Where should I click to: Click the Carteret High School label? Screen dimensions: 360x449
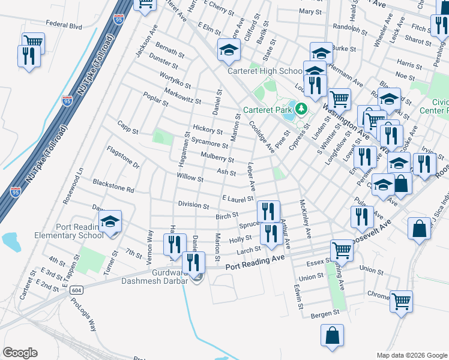[x=264, y=71]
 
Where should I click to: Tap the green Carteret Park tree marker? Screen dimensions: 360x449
[x=301, y=109]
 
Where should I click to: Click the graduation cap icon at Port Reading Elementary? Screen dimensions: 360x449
[x=110, y=222]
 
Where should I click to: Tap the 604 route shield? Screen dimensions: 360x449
[x=76, y=290]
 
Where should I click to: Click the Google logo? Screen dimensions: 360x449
[x=20, y=353]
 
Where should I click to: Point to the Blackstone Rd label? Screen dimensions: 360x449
[x=113, y=185]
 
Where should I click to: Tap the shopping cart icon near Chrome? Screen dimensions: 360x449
[x=401, y=301]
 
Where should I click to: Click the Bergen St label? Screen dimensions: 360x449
[x=325, y=314]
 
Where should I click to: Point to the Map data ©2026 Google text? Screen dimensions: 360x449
[x=411, y=355]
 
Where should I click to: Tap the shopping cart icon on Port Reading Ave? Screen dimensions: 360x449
[x=342, y=249]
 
